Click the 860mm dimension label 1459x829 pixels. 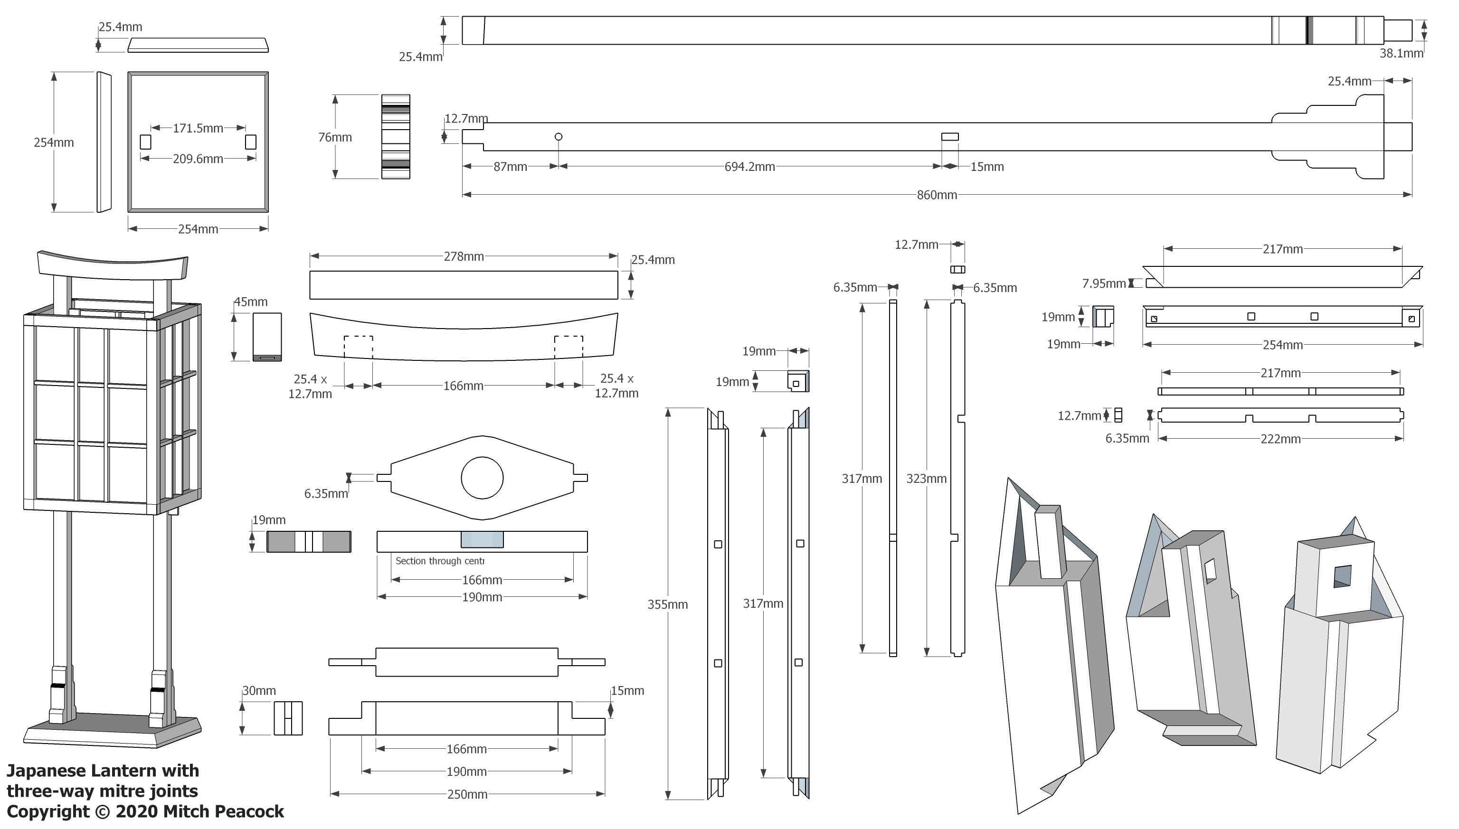[x=936, y=195]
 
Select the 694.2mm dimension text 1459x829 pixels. [x=749, y=167]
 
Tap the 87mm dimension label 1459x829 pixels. [x=510, y=167]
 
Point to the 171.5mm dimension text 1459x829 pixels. [x=198, y=128]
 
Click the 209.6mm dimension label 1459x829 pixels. [x=198, y=159]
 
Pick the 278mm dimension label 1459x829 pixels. [x=464, y=256]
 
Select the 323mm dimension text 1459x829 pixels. [x=926, y=478]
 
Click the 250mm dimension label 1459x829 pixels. [x=467, y=794]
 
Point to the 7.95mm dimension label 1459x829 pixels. [x=1104, y=283]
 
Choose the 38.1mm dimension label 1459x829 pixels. [x=1401, y=54]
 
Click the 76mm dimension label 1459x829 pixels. [x=335, y=137]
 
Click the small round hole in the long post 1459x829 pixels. [x=559, y=137]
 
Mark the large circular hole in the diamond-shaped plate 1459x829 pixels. [x=482, y=478]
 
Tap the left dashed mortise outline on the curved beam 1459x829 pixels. [x=358, y=347]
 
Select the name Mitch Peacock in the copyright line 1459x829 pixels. [x=223, y=811]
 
